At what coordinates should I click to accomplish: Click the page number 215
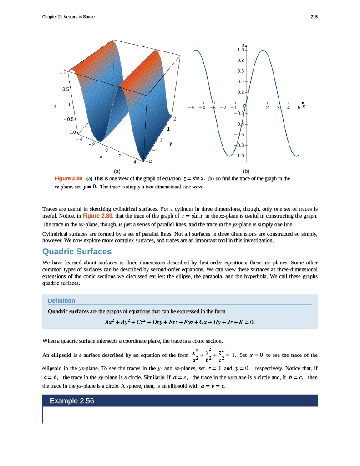tap(314, 17)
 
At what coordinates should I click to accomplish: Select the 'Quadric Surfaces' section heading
tap(76, 252)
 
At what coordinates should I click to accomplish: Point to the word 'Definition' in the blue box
tap(61, 300)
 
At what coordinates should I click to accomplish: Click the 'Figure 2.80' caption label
tap(68, 178)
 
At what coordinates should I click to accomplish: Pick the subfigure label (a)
tap(117, 172)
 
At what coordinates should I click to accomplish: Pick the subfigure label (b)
tap(247, 172)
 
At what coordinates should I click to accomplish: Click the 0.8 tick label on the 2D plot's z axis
tap(241, 60)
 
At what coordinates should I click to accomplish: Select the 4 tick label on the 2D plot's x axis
tap(289, 108)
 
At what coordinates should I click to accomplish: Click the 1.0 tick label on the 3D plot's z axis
tap(63, 72)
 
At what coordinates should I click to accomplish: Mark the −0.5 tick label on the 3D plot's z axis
tap(67, 119)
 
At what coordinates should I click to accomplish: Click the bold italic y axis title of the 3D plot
tap(171, 143)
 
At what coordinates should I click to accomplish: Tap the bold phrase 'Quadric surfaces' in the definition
tap(68, 312)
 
